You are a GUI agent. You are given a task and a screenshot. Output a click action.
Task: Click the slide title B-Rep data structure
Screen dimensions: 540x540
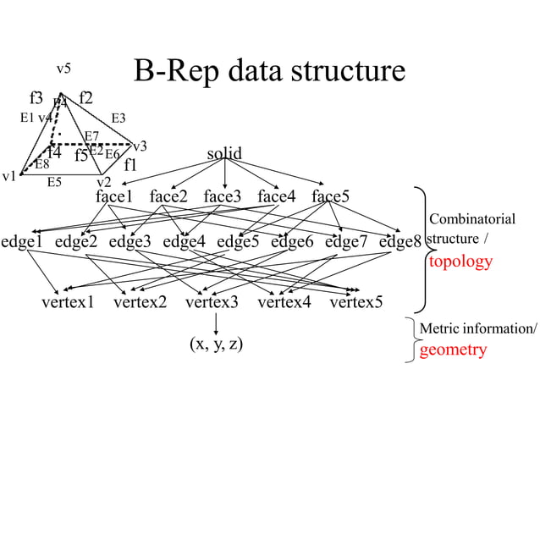[x=269, y=71]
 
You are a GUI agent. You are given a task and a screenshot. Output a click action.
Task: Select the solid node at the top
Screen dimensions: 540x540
[x=224, y=154]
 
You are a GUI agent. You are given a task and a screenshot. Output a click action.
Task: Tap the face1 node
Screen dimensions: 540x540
[x=114, y=197]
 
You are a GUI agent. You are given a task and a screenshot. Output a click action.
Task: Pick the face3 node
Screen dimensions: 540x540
[x=222, y=197]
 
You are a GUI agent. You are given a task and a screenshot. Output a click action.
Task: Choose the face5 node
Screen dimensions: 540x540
[x=330, y=197]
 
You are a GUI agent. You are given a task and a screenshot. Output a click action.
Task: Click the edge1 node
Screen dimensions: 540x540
[x=22, y=242]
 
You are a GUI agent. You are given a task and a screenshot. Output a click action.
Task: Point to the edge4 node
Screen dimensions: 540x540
[x=185, y=242]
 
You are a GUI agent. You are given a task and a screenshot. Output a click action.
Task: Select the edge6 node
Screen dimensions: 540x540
[x=292, y=242]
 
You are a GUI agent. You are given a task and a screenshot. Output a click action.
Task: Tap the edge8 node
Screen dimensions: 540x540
[x=400, y=242]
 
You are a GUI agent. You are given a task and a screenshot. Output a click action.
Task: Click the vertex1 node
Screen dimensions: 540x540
[x=68, y=302]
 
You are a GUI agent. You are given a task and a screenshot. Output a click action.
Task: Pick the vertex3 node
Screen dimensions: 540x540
[x=212, y=302]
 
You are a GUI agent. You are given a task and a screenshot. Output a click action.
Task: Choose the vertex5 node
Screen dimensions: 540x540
[x=355, y=302]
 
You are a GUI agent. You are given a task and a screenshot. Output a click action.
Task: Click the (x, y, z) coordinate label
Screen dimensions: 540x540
[x=216, y=345]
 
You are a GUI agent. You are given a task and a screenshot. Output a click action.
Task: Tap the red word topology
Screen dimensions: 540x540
[x=460, y=262]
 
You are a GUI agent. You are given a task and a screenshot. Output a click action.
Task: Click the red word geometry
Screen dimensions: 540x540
[x=453, y=350]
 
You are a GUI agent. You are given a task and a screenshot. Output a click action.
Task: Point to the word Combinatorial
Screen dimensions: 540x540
[x=472, y=219]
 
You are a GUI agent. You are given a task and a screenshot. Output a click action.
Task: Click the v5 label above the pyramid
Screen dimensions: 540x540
[x=63, y=69]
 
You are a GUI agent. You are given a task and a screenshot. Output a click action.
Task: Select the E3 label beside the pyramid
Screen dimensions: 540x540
[x=118, y=118]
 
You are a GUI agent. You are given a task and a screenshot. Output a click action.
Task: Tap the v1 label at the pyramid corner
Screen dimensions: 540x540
[x=9, y=177]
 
